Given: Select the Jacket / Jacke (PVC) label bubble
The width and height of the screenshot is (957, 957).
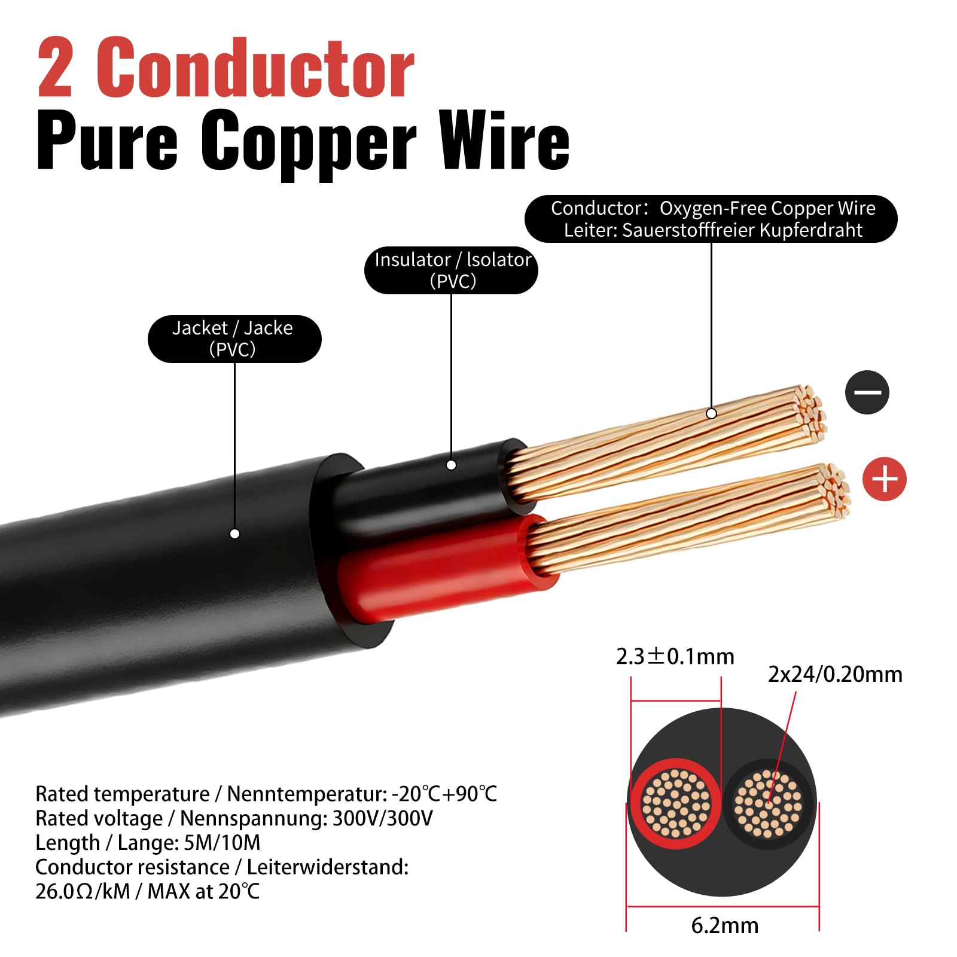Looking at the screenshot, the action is [234, 339].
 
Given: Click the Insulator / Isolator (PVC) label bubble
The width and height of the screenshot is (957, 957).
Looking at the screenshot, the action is [452, 270].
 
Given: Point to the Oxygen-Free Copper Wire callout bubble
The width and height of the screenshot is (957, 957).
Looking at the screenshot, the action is [711, 219].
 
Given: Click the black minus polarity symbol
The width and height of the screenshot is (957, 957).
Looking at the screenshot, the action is [867, 392].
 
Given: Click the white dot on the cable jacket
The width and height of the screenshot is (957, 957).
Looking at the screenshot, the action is [235, 534].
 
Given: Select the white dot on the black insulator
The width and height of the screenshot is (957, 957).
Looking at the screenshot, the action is [452, 465].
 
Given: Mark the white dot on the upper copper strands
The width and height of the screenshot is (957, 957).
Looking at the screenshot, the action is [711, 413].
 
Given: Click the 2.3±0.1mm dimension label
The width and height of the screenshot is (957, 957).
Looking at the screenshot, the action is [675, 656].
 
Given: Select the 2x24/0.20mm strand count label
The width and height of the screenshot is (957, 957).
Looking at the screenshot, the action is [835, 674].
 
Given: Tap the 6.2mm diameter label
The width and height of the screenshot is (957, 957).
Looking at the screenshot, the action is [725, 925].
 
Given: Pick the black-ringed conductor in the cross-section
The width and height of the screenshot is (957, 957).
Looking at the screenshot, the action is [769, 803].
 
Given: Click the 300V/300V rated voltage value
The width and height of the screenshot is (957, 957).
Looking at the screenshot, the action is [382, 818].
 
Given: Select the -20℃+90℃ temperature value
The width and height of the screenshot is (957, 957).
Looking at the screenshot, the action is [444, 794].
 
